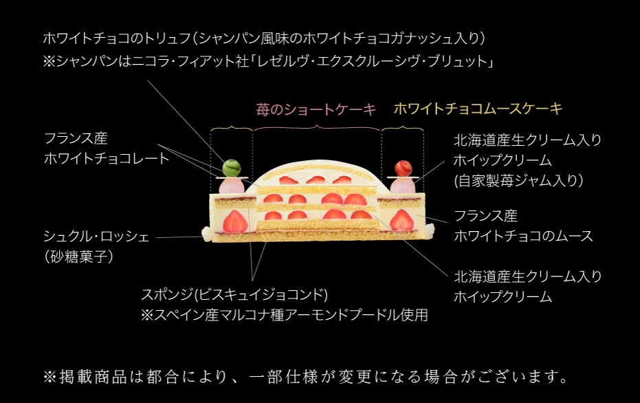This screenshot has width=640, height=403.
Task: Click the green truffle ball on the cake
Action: tap(232, 166)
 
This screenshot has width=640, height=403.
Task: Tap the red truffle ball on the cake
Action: tap(402, 167)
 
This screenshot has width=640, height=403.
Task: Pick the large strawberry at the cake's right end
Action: tap(402, 220)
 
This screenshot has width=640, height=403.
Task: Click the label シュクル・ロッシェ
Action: tap(96, 237)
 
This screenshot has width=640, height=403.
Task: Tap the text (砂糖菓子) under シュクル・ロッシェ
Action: tap(78, 257)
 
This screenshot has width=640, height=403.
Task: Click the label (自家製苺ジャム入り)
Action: tap(519, 181)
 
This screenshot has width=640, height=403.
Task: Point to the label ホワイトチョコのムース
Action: tap(523, 237)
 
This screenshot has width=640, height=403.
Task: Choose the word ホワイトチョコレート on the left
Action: tap(107, 159)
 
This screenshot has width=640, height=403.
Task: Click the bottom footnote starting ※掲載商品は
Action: tap(306, 377)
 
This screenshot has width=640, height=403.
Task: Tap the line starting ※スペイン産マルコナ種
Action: tap(285, 316)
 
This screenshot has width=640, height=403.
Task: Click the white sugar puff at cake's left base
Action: tap(206, 235)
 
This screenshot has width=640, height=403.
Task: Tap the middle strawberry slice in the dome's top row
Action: tap(316, 180)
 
